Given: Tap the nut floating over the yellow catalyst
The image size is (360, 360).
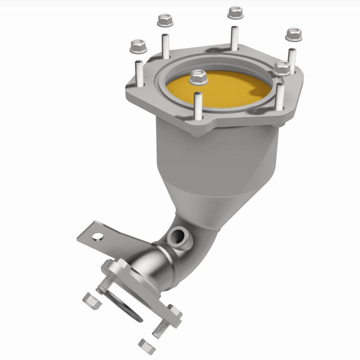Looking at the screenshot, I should point(198,77).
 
